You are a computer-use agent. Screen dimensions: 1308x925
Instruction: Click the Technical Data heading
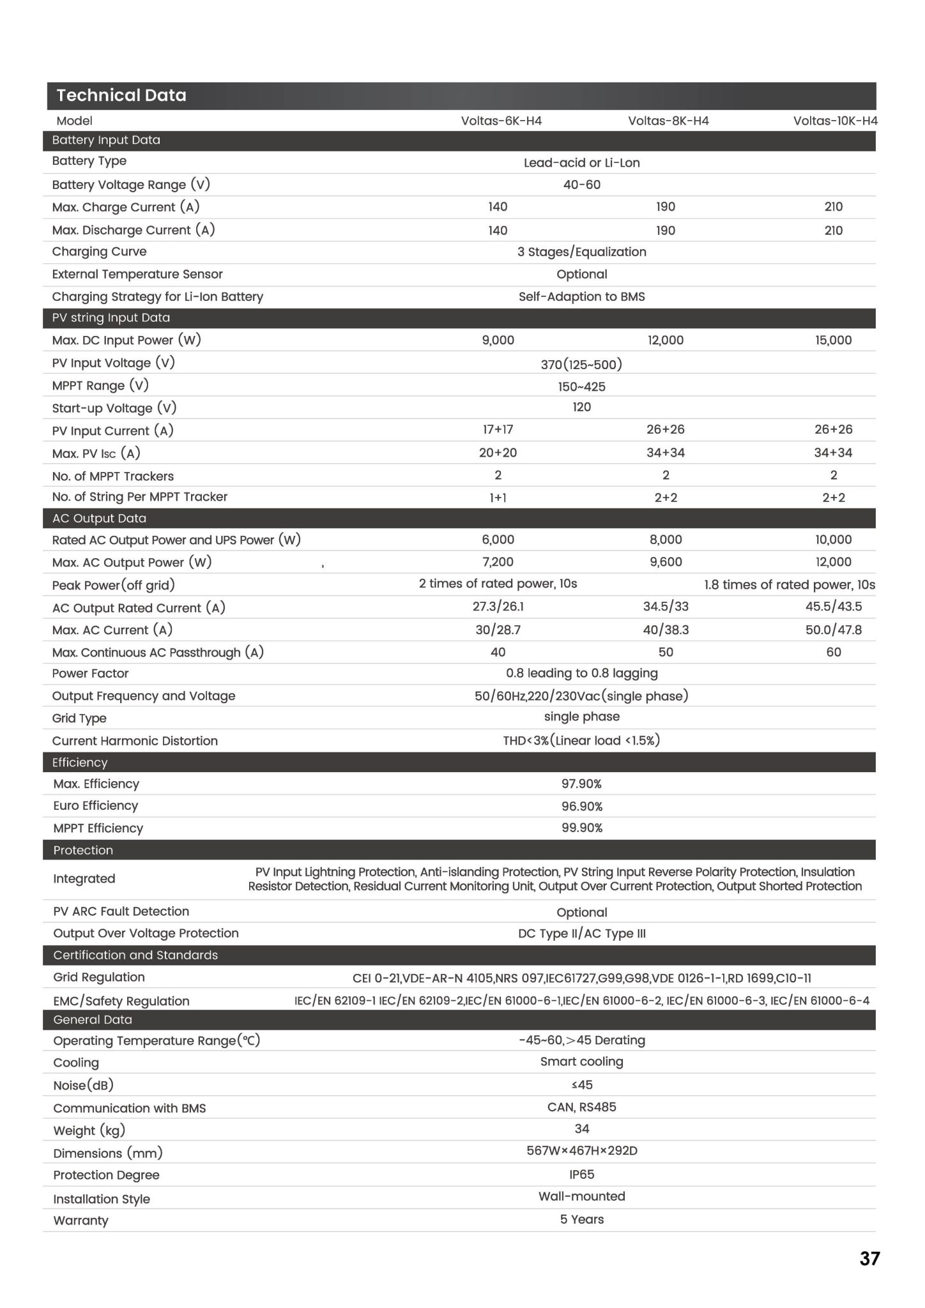coord(121,96)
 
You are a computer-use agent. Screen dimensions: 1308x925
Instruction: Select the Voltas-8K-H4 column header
coord(668,121)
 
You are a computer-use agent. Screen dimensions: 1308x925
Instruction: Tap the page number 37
coord(869,1258)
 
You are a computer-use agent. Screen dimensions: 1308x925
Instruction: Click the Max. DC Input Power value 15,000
coord(833,340)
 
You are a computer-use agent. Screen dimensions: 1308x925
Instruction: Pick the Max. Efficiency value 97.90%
coord(581,784)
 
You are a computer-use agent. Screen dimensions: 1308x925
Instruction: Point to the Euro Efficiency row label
coord(96,805)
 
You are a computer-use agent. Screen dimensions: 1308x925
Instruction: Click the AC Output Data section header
coord(99,518)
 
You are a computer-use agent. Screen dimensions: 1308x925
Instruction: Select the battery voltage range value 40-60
coord(581,185)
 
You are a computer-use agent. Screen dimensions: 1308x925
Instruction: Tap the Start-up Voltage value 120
coord(581,407)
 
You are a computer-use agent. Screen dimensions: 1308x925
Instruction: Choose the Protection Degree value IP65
coord(581,1174)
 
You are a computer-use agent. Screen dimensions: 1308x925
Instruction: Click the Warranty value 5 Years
coord(581,1219)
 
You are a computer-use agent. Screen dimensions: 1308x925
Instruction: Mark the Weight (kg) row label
coord(89,1130)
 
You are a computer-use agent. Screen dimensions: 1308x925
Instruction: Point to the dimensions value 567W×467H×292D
coord(581,1151)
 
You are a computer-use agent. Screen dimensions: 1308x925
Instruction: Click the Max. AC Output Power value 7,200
coord(498,562)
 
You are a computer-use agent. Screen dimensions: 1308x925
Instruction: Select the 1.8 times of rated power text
coord(789,584)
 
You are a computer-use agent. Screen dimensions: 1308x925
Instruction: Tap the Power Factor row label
coord(90,673)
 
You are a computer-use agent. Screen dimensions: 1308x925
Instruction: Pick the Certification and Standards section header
coord(135,955)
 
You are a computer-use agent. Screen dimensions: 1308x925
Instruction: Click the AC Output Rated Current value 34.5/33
coord(666,606)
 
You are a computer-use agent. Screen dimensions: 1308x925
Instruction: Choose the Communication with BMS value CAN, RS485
coord(581,1107)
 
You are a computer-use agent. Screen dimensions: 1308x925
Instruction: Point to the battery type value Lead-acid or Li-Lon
coord(581,163)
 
